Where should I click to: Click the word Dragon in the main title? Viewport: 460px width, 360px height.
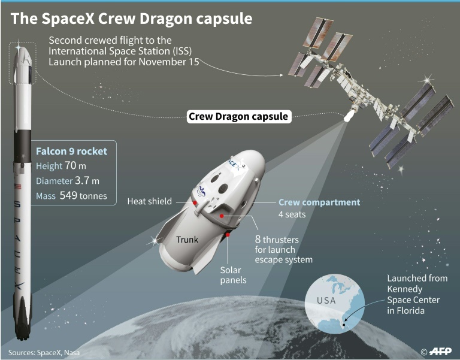[166, 19]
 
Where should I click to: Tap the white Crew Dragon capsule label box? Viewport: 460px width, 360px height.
[239, 116]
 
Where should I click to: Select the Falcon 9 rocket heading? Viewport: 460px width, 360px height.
[72, 151]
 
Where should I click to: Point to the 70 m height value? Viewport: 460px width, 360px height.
[75, 166]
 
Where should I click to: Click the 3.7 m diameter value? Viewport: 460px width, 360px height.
[87, 180]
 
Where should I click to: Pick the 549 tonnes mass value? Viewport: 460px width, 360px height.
[83, 195]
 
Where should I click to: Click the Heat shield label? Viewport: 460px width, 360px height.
[150, 201]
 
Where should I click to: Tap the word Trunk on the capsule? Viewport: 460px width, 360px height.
[187, 240]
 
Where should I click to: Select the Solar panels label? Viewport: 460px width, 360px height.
[233, 275]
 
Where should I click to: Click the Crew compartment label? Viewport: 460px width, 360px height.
[319, 202]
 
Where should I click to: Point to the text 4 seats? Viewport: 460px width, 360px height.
[292, 214]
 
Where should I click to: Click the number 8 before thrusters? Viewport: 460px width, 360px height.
[258, 240]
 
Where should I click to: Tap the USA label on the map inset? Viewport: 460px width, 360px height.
[326, 301]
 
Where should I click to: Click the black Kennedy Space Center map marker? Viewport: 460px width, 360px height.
[344, 325]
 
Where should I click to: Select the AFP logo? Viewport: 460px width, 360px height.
[440, 351]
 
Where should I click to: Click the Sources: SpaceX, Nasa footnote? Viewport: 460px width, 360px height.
[44, 352]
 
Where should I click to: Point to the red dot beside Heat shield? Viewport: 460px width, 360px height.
[194, 202]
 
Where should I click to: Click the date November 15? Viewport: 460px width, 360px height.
[169, 62]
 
